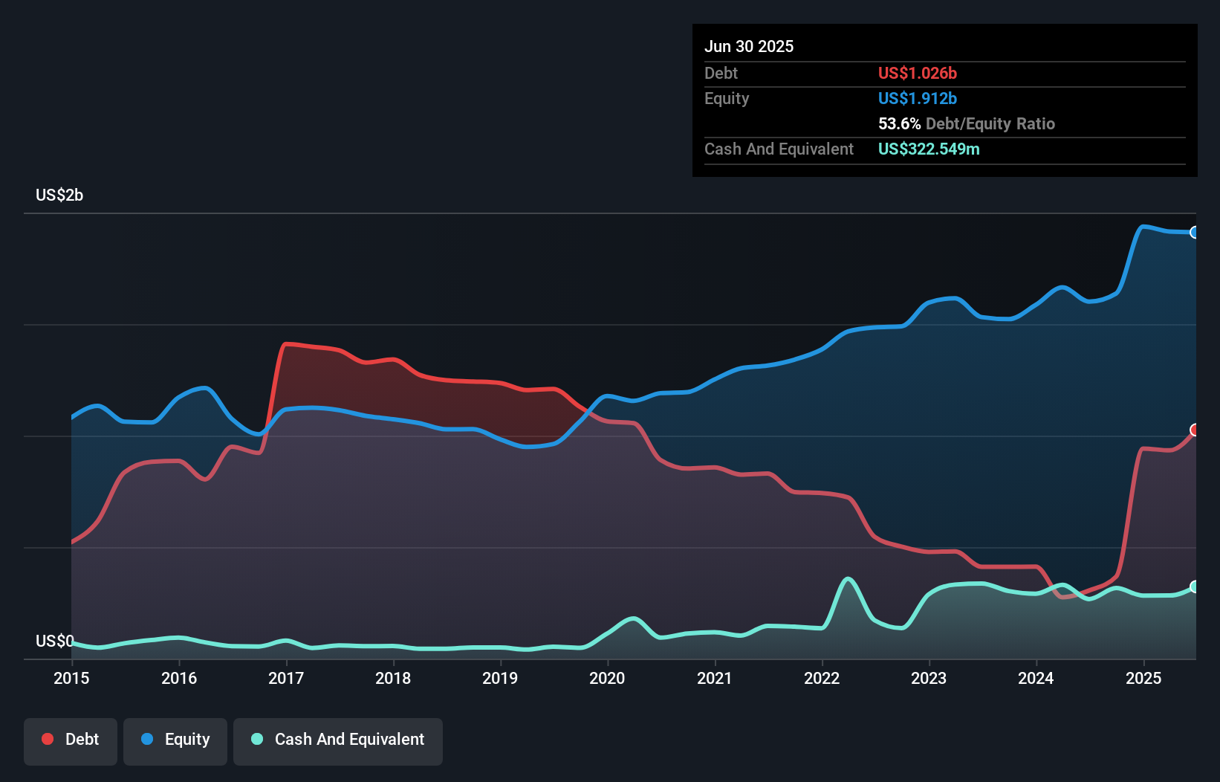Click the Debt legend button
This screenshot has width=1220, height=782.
click(x=71, y=740)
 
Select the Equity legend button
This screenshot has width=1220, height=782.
click(x=175, y=740)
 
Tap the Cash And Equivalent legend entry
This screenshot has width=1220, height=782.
click(x=338, y=740)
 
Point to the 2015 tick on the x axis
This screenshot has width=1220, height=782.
click(x=71, y=678)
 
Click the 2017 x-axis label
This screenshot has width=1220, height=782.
click(x=286, y=678)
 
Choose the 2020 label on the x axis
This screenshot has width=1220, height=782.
click(x=607, y=678)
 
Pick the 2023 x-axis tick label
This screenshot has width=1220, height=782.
click(x=929, y=678)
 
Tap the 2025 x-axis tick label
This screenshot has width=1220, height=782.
click(x=1143, y=678)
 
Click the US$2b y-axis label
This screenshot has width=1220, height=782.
click(x=59, y=195)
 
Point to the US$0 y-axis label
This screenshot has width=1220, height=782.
click(x=54, y=641)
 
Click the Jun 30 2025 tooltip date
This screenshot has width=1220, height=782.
click(x=749, y=47)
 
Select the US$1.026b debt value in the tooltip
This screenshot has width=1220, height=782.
click(x=917, y=74)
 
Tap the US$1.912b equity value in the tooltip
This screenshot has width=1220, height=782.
click(x=917, y=99)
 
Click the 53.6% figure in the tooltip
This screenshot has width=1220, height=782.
click(x=899, y=124)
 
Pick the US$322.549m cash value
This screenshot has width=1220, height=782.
click(x=929, y=149)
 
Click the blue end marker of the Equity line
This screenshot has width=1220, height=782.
click(x=1195, y=233)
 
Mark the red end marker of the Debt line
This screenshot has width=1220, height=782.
click(x=1195, y=430)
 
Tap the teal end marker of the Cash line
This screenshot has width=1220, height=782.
click(x=1195, y=587)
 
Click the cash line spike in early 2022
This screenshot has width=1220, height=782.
click(x=848, y=578)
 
